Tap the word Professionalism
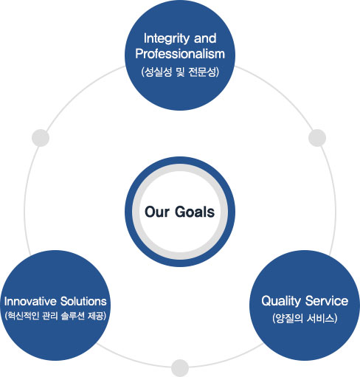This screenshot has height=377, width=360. pos(180,54)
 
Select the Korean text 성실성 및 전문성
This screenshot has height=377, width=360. pos(180,72)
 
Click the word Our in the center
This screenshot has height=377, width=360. pos(157,212)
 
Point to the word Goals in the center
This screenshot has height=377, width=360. pos(195,212)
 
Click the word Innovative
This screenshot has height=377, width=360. pos(30,301)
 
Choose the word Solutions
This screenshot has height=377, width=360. pos(83,301)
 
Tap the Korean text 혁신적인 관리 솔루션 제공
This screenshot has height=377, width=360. pos(55,316)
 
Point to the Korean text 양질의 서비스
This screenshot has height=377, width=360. pos(305,319)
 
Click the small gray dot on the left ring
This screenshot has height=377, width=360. pos(41,138)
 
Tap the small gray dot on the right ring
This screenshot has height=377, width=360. pos(317,138)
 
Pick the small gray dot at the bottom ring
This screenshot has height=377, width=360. pos(180,368)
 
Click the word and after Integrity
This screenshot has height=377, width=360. pos(205,38)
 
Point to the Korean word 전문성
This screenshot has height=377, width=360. pos(202,72)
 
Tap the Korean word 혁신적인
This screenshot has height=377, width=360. pos(23,316)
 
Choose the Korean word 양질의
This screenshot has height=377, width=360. pos(289,319)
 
